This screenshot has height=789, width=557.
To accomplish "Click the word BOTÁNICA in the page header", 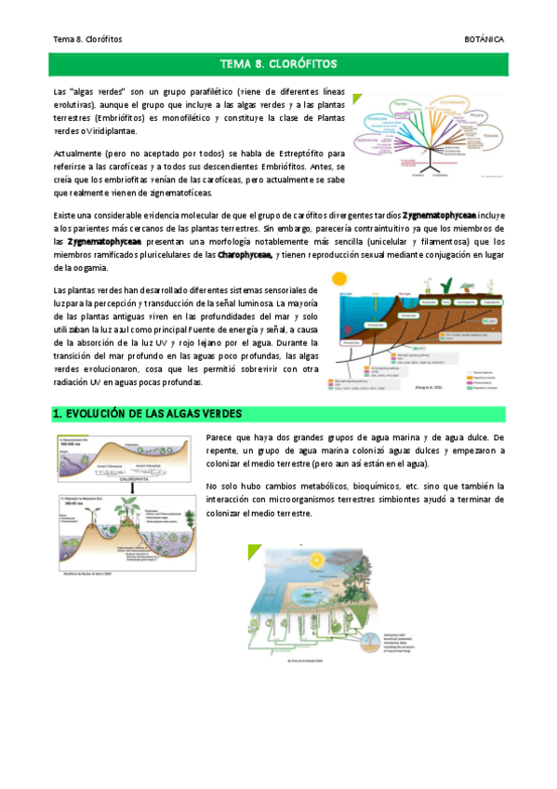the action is (484, 39).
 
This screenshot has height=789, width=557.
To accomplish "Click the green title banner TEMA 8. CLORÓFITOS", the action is (278, 65).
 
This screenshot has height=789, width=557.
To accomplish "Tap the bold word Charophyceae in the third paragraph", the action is (245, 254).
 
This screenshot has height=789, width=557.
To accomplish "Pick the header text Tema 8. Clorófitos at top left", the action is (88, 39).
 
